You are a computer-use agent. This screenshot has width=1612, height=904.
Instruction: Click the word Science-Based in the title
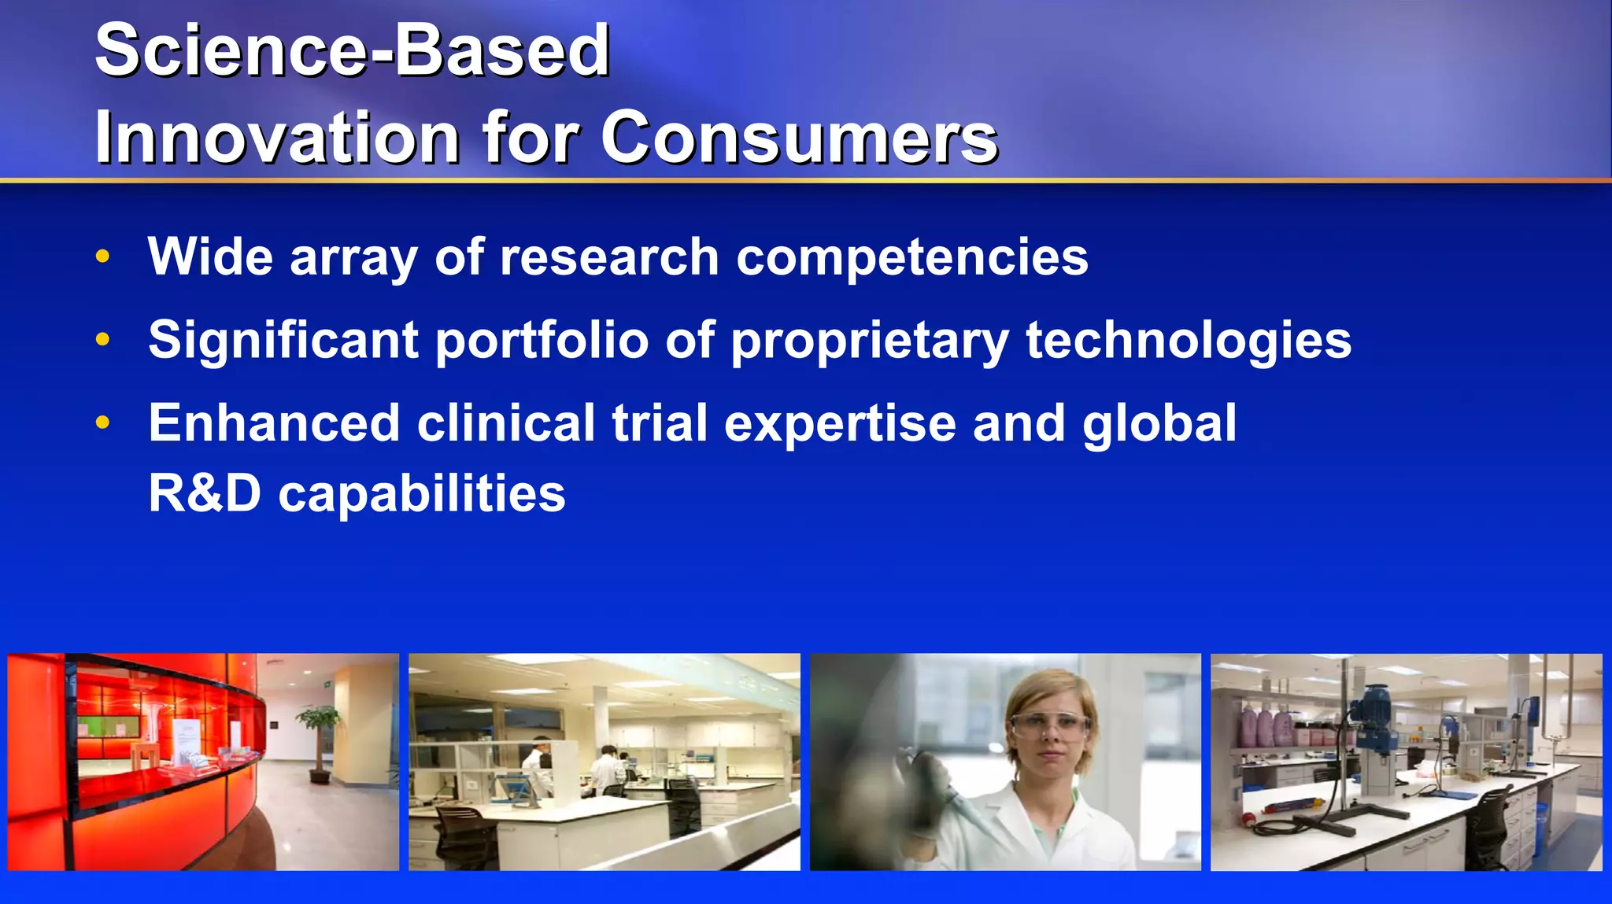click(x=352, y=50)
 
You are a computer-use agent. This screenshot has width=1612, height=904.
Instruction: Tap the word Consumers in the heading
click(x=799, y=138)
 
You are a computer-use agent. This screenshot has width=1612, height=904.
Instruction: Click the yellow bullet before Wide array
click(x=102, y=256)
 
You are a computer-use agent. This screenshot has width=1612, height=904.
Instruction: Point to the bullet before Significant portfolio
click(x=102, y=340)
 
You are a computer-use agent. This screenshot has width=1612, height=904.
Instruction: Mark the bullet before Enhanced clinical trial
click(x=102, y=422)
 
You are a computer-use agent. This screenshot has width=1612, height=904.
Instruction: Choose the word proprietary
click(x=869, y=341)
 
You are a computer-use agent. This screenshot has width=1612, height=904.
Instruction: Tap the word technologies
click(x=1188, y=340)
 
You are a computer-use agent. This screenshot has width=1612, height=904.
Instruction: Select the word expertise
click(x=839, y=424)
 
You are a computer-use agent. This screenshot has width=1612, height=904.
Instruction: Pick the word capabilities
click(x=422, y=495)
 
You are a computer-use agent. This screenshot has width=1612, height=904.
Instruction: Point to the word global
click(x=1159, y=424)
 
